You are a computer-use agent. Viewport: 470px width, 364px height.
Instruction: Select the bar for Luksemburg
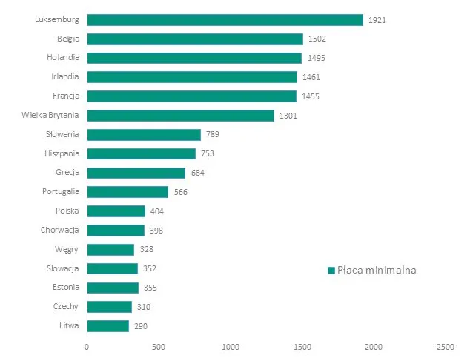[225, 20]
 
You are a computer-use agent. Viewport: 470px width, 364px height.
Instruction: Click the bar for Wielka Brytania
[180, 116]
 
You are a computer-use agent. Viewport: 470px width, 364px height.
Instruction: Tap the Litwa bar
[107, 326]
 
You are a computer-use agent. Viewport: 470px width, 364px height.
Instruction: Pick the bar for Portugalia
[128, 192]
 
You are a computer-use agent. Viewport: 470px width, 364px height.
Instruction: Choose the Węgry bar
[110, 250]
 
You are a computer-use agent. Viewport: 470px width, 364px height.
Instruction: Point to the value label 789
[212, 135]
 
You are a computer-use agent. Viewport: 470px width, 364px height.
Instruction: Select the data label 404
[157, 211]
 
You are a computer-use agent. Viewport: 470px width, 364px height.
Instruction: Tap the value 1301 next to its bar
[289, 116]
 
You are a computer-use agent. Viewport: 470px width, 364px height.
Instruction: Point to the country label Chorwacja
[61, 231]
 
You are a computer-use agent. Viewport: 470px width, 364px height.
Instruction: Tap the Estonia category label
[66, 288]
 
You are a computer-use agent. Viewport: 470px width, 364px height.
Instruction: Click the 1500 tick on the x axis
[302, 347]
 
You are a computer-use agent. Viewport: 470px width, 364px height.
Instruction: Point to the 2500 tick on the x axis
[446, 347]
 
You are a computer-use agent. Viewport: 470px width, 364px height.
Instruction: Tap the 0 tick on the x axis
[87, 347]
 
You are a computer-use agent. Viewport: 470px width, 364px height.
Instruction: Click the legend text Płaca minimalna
[377, 271]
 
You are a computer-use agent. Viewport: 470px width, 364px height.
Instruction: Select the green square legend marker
[331, 271]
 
